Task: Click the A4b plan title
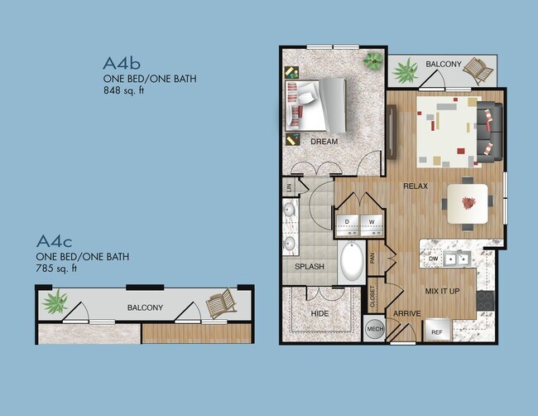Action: tap(120, 63)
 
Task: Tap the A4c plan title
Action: tap(55, 241)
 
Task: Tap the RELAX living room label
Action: tap(415, 186)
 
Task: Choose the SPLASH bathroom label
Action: tap(309, 267)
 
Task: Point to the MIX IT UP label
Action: tap(442, 292)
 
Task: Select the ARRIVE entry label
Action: tap(408, 313)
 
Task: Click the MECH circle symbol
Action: tap(374, 329)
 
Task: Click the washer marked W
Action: tap(370, 222)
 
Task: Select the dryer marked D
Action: tap(348, 222)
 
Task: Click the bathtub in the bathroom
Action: tap(351, 263)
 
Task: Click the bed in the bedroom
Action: tap(318, 104)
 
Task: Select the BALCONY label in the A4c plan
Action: tap(145, 307)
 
